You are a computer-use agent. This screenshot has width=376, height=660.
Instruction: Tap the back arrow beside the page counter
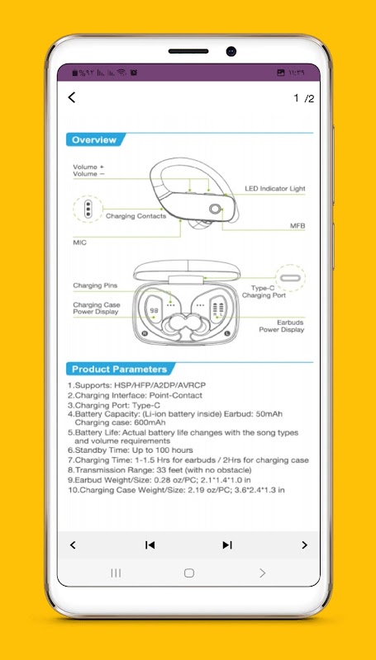[72, 97]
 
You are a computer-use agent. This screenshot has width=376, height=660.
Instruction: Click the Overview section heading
[94, 140]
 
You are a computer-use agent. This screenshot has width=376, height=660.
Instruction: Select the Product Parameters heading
[119, 369]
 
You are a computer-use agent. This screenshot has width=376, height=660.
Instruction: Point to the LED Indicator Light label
[275, 189]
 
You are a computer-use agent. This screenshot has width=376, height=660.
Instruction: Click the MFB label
[297, 226]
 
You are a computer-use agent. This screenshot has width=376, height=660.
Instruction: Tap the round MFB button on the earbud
[215, 209]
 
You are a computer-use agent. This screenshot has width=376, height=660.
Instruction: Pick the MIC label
[79, 243]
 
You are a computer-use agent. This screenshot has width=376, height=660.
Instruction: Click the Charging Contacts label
[136, 216]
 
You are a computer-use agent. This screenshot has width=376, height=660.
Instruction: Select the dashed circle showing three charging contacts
[88, 209]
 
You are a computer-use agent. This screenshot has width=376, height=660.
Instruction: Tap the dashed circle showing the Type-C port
[290, 278]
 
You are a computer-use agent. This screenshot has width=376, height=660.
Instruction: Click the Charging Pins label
[95, 285]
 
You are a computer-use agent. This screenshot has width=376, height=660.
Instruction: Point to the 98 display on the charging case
[155, 310]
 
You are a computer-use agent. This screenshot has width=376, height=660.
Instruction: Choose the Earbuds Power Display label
[281, 326]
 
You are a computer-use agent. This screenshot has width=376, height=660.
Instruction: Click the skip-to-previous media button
[150, 545]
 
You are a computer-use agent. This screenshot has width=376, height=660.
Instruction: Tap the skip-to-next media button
[227, 545]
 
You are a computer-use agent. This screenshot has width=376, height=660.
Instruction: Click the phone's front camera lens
[231, 51]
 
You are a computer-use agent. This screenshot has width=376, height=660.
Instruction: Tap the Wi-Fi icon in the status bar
[121, 73]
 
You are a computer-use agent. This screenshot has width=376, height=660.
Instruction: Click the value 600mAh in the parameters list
[150, 422]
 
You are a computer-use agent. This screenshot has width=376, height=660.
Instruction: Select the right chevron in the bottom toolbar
[304, 545]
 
